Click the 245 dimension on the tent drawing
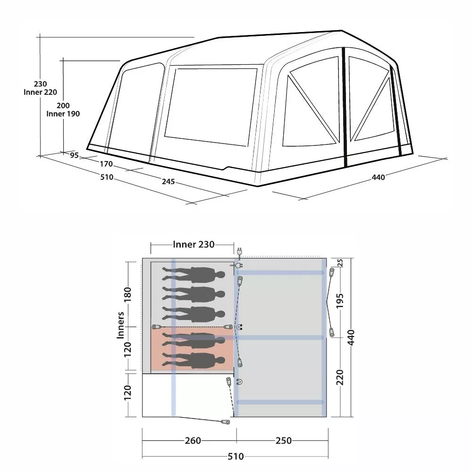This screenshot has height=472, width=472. [169, 182]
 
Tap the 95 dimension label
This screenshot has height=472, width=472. [74, 155]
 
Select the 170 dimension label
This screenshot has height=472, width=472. [106, 164]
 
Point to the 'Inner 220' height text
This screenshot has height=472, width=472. [40, 92]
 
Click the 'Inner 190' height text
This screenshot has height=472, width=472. [63, 114]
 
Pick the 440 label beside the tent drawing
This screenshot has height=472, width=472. [378, 177]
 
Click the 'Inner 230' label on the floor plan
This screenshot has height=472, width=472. [194, 244]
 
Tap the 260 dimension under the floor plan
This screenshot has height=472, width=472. [193, 441]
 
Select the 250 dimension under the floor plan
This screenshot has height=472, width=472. [284, 441]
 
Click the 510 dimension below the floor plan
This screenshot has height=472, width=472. [236, 456]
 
